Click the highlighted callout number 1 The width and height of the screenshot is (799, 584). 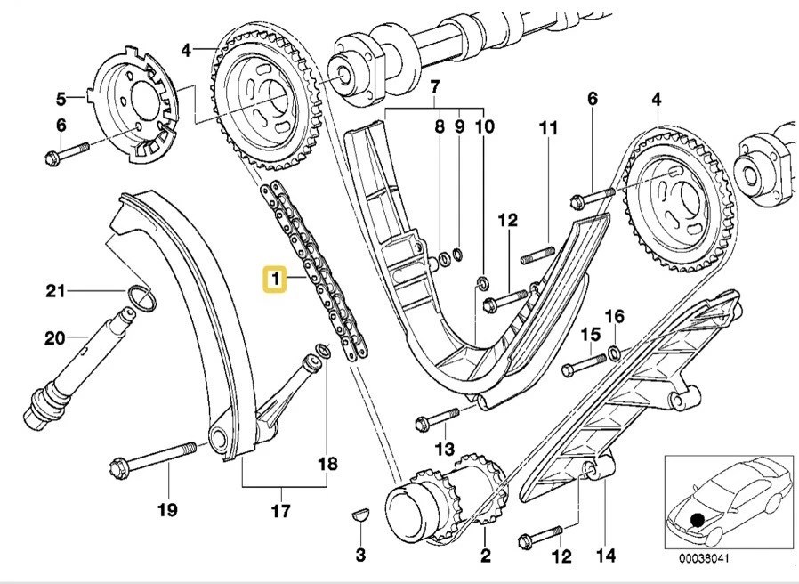click(x=274, y=281)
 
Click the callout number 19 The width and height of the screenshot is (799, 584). click(x=167, y=509)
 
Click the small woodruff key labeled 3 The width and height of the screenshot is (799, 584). click(x=359, y=514)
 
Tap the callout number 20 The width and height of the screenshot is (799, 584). click(x=54, y=337)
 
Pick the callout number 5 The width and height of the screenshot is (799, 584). click(x=61, y=97)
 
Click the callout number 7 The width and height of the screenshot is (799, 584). click(x=434, y=87)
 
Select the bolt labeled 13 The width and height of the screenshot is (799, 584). click(x=435, y=417)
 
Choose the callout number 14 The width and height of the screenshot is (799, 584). click(x=606, y=557)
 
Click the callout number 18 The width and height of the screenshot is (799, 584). click(x=328, y=463)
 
